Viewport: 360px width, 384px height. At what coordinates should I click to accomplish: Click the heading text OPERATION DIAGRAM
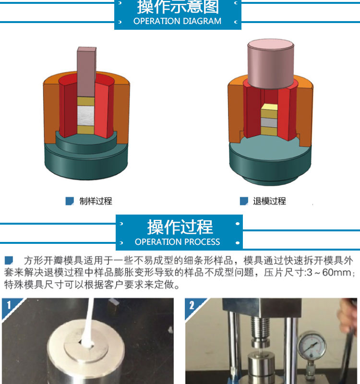coord(177,21)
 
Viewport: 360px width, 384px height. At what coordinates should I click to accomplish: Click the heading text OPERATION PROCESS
coord(177,242)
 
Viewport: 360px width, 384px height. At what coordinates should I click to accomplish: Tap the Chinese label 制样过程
coord(96,201)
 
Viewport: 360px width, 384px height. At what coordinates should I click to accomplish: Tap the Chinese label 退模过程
coord(269,201)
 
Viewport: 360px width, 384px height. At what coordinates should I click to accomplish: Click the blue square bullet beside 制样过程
coord(70,201)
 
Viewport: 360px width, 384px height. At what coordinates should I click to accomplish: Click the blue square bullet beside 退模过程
coord(244,201)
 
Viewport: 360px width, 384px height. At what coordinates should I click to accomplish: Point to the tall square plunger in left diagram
coord(86,72)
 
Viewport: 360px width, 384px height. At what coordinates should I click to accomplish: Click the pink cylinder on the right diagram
coord(271,63)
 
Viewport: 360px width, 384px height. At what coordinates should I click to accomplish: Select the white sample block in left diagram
coord(86,116)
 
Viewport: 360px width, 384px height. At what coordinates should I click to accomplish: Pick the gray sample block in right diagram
coord(269,122)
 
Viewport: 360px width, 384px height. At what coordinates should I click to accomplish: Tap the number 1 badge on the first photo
coord(9,305)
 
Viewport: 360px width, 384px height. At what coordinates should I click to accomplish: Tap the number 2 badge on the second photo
coord(192,305)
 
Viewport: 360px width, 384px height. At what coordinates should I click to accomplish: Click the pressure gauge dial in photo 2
coord(312,346)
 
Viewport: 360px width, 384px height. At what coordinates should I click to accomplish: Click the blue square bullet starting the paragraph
coord(9,260)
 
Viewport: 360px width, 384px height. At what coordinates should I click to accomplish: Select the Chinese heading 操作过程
coord(180,227)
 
